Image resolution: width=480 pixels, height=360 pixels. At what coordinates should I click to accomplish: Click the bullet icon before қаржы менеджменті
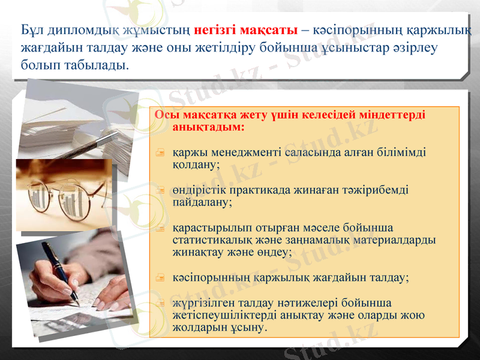(x=160, y=153)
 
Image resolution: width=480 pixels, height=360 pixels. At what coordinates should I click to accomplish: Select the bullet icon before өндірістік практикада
(x=160, y=191)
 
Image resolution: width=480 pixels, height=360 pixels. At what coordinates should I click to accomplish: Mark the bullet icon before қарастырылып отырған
(x=160, y=229)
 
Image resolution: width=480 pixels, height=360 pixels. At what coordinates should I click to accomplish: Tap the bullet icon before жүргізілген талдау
(x=160, y=304)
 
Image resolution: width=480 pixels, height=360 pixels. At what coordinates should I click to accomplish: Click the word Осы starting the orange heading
(x=164, y=115)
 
